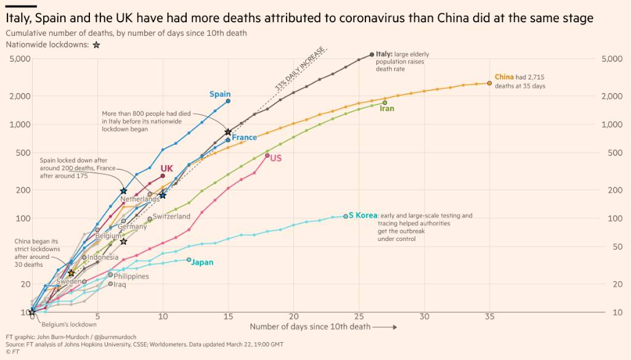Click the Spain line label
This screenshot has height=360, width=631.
pos(220,94)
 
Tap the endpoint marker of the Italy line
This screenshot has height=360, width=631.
pos(372,54)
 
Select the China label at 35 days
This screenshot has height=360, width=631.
pos(504,77)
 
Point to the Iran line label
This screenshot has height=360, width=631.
pos(387,108)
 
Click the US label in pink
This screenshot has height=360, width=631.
pos(275,158)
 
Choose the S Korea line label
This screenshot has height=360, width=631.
pos(363,215)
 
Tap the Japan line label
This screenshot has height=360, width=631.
pos(202,262)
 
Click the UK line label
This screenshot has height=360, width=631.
pos(166,168)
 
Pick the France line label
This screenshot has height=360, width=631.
pos(244,137)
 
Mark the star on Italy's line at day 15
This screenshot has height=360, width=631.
pos(228,132)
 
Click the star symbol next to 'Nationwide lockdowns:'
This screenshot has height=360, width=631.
pos(97,45)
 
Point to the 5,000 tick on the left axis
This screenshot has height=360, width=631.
pos(20,59)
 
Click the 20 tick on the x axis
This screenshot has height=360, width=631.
pos(294,316)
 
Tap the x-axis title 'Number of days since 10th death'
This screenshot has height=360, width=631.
pos(310,327)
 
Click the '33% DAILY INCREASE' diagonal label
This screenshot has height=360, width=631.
pos(301,68)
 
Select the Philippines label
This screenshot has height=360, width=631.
pos(131,276)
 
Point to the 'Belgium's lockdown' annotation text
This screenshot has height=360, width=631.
pos(69,324)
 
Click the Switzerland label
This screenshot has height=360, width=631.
pos(171,216)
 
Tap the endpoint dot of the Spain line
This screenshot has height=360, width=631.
pos(228,101)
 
